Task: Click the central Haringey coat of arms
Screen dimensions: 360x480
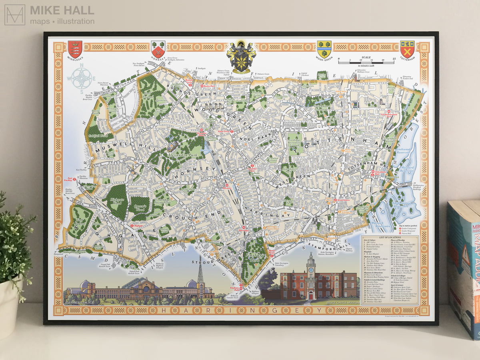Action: (x=241, y=57)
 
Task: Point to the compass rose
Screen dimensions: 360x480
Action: (x=82, y=78)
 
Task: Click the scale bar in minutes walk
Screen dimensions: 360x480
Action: (x=366, y=62)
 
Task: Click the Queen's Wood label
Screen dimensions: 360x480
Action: (x=139, y=208)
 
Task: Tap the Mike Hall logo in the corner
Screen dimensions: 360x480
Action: (x=15, y=15)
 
